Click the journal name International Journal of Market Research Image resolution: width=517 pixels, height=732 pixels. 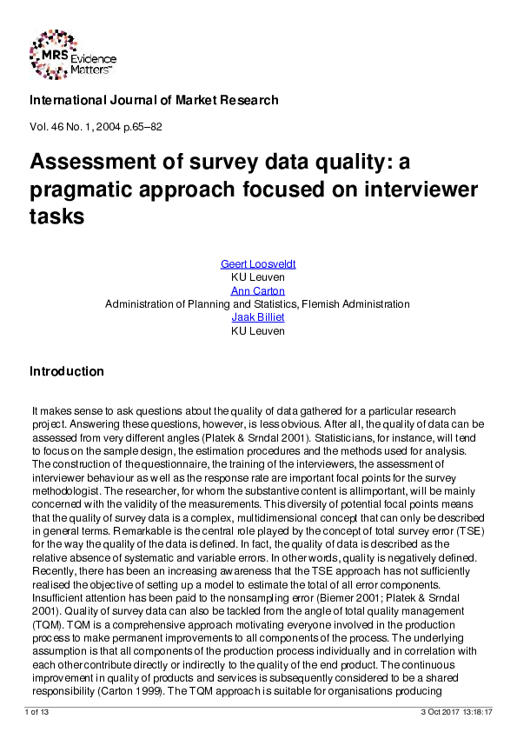pyautogui.click(x=154, y=100)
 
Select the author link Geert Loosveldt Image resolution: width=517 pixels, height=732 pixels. pyautogui.click(x=257, y=264)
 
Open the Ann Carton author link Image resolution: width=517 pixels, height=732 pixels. pyautogui.click(x=257, y=290)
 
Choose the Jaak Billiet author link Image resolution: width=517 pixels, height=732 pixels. pyautogui.click(x=257, y=316)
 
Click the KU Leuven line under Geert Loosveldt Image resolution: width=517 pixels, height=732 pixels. pyautogui.click(x=257, y=277)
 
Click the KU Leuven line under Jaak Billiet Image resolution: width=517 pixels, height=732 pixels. pyautogui.click(x=257, y=329)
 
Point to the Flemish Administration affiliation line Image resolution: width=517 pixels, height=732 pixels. pyautogui.click(x=257, y=303)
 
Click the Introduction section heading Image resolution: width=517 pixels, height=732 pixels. pyautogui.click(x=67, y=371)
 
